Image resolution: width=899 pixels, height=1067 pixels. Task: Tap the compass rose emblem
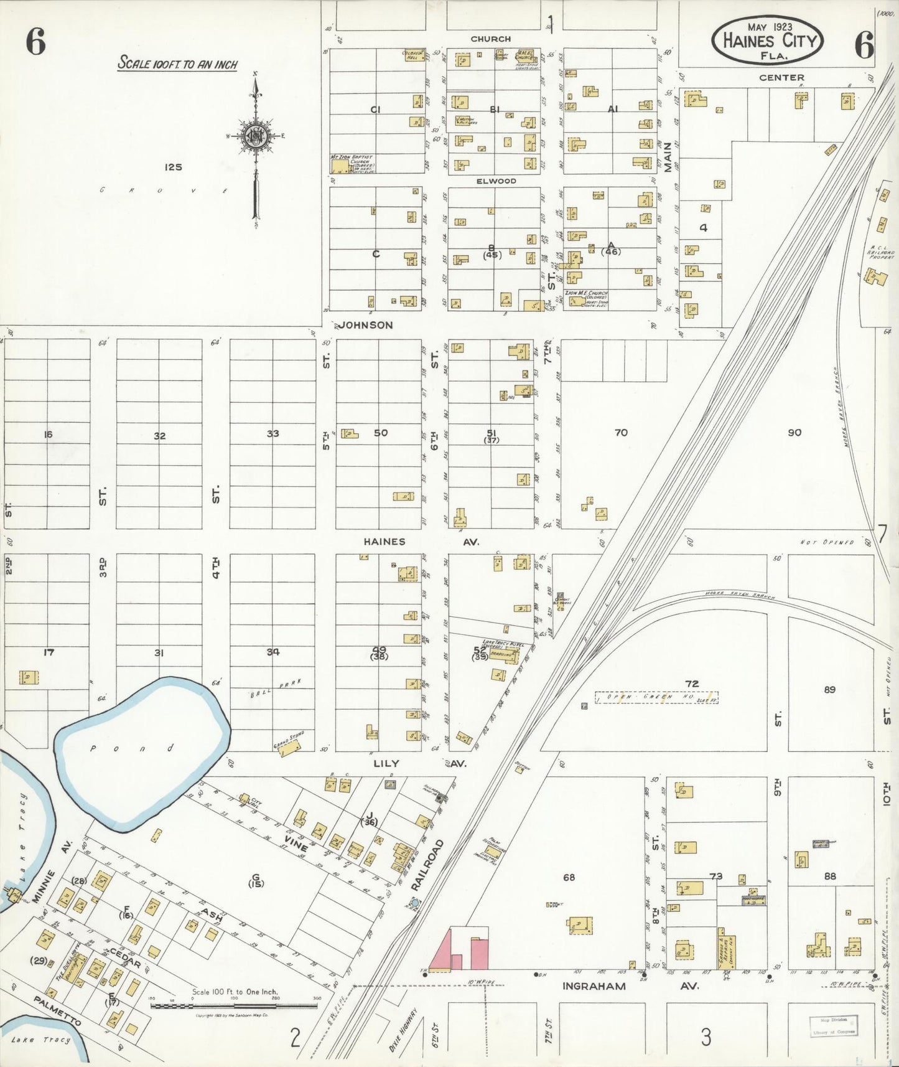255,138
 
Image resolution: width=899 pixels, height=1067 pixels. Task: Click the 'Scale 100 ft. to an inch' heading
177,63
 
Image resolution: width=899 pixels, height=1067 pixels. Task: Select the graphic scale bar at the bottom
234,1005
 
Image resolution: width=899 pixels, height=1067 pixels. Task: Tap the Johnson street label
366,325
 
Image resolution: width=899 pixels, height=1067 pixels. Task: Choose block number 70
620,433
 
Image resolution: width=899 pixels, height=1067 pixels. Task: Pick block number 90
794,433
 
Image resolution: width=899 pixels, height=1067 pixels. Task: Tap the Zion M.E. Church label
585,298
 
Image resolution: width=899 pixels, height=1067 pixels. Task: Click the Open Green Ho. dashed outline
656,698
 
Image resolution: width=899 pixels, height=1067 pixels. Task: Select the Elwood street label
496,181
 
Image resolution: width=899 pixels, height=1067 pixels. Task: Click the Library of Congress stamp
832,1025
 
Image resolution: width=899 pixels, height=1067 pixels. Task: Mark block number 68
569,877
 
